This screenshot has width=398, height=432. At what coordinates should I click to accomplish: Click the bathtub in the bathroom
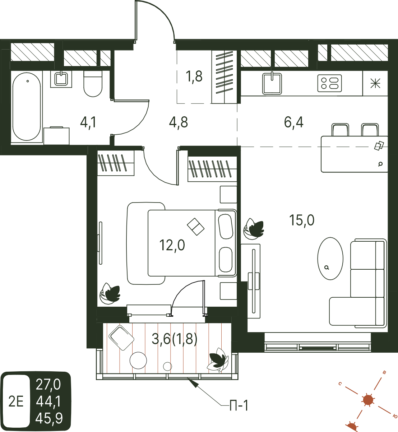27,107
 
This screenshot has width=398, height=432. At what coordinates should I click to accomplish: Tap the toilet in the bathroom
93,84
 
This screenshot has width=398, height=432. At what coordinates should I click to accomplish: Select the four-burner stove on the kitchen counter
329,83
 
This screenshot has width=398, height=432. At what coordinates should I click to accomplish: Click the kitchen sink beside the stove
272,84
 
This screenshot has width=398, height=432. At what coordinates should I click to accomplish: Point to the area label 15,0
302,220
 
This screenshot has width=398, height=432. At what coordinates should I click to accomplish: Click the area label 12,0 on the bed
172,245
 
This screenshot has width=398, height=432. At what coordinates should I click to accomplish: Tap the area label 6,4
293,122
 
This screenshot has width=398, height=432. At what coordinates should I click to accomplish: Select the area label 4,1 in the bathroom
88,123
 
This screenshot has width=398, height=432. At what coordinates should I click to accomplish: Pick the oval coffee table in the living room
330,259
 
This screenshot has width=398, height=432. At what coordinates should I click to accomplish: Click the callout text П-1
239,405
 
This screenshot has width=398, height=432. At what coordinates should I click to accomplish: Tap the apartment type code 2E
16,401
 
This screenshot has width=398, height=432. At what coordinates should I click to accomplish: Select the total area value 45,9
49,418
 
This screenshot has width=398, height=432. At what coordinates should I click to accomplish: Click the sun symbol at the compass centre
368,400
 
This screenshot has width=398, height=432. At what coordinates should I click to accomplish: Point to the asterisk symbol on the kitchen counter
375,83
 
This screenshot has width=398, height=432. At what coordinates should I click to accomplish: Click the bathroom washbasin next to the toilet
61,79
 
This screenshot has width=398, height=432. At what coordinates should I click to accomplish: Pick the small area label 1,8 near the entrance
194,76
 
